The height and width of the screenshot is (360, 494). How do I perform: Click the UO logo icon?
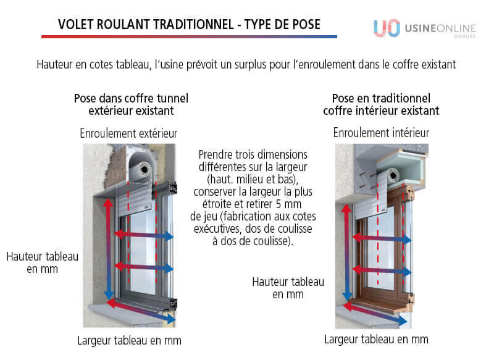(386, 28)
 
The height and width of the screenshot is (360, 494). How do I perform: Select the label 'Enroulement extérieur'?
(128, 133)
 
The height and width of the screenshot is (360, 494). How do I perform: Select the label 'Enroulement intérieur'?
(381, 133)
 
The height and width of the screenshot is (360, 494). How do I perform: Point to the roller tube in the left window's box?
(146, 168)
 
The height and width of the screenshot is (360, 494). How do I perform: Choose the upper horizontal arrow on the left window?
(143, 235)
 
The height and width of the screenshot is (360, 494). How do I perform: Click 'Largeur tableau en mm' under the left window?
(129, 340)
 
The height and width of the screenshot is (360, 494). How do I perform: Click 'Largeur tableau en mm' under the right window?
(376, 339)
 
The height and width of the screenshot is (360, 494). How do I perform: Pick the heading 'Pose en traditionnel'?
(381, 98)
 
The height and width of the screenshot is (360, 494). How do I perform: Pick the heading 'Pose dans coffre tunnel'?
(131, 98)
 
